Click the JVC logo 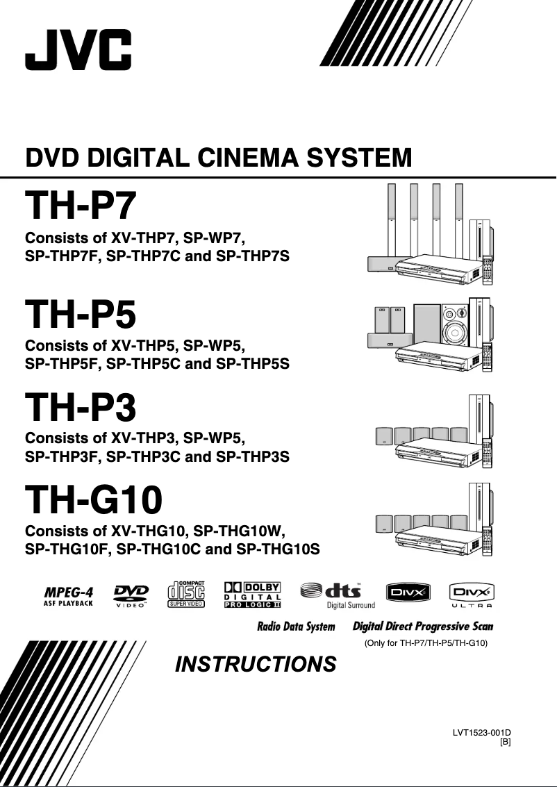pyautogui.click(x=78, y=49)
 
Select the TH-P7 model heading pyautogui.click(x=81, y=206)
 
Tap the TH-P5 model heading pyautogui.click(x=81, y=314)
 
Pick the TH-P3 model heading pyautogui.click(x=81, y=408)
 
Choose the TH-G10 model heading pyautogui.click(x=94, y=499)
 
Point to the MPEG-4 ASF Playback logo pyautogui.click(x=68, y=596)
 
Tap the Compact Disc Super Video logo pyautogui.click(x=186, y=595)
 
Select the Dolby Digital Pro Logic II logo pyautogui.click(x=252, y=595)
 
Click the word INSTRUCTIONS pyautogui.click(x=256, y=665)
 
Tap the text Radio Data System pyautogui.click(x=296, y=627)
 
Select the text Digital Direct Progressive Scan pyautogui.click(x=423, y=627)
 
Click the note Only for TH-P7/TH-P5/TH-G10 pyautogui.click(x=426, y=643)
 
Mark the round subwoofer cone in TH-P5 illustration pyautogui.click(x=456, y=331)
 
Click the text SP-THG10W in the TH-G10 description pyautogui.click(x=240, y=532)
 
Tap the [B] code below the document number pyautogui.click(x=506, y=742)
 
